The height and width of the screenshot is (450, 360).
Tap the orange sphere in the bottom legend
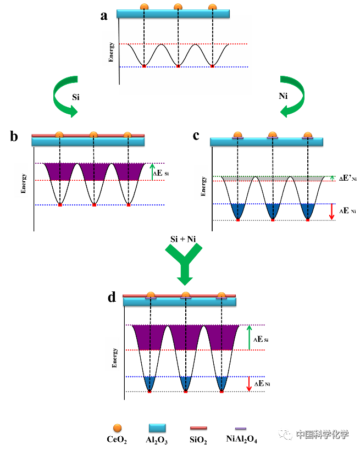coord(117,427)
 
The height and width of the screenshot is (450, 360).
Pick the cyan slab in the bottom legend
coord(157,427)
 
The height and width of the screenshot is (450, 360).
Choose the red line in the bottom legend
coord(198,427)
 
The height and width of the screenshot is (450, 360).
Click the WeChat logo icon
coord(285,434)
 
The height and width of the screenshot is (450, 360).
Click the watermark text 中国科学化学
coord(322,434)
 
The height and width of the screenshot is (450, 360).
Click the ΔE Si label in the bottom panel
coord(261,340)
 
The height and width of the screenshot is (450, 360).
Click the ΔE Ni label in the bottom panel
coord(261,384)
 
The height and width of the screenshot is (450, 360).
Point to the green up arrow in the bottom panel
coord(249,337)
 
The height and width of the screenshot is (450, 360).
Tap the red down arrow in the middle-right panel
coord(331,212)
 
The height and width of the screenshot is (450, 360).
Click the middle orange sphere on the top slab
coord(178,7)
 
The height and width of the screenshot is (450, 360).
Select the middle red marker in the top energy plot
coord(178,66)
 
